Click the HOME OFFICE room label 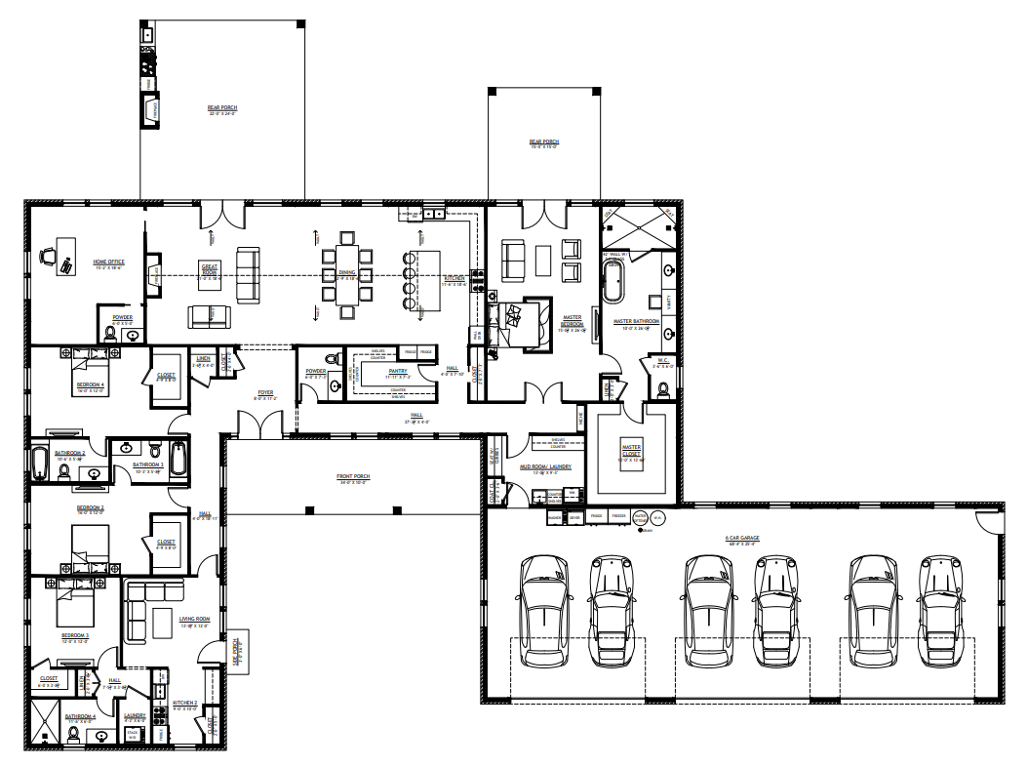tap(108, 262)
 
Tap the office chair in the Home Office tap(48, 257)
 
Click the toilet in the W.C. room tap(664, 391)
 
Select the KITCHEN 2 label tap(185, 703)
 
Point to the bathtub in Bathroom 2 tap(40, 463)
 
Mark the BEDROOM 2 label tap(90, 508)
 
